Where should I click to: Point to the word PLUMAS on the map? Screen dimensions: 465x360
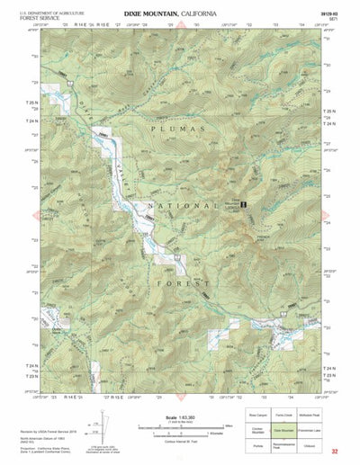(x=170, y=130)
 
